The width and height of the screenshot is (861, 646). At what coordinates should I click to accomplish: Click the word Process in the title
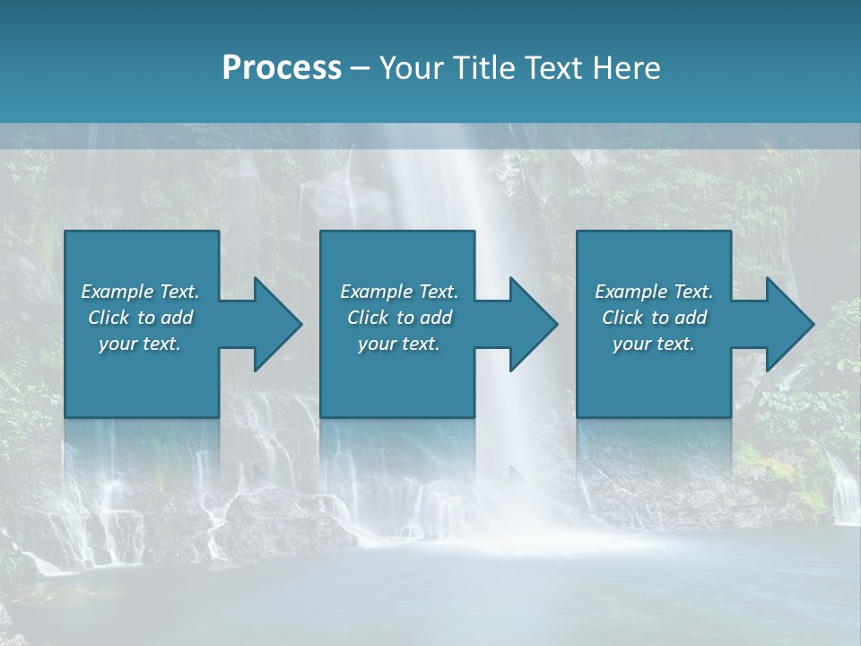(282, 68)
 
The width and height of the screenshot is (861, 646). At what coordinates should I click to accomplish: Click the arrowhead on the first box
(274, 324)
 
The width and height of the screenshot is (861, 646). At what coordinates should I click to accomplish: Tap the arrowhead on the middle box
(529, 324)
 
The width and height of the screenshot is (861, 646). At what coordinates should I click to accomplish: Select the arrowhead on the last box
(786, 324)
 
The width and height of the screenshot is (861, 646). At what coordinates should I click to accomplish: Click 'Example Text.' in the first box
(140, 292)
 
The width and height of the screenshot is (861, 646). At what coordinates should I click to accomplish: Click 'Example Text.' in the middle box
(398, 292)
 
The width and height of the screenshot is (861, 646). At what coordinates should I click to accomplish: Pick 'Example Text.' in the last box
(654, 292)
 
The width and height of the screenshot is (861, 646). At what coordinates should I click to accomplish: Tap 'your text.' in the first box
(140, 344)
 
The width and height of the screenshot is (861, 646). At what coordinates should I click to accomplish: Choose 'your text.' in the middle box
(398, 344)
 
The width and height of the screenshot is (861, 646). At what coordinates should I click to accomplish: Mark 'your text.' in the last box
(654, 344)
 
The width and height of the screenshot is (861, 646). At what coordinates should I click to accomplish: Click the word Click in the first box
(109, 318)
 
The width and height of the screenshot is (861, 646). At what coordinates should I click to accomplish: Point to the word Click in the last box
(623, 318)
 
